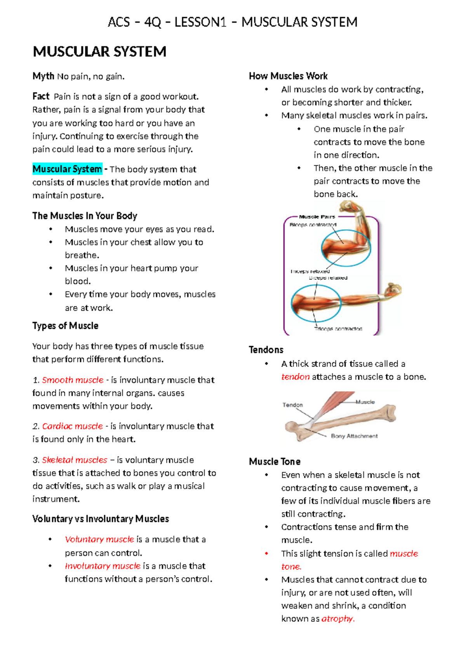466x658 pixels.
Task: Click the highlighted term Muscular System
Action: [67, 169]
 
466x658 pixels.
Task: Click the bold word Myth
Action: [43, 76]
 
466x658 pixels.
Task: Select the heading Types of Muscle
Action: [65, 326]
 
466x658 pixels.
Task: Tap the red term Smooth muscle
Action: [73, 380]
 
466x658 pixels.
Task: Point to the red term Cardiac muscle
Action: [73, 426]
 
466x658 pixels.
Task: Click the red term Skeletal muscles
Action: [75, 460]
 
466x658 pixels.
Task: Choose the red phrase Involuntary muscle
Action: [103, 566]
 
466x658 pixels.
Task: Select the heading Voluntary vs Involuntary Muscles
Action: [101, 519]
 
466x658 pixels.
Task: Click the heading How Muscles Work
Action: [288, 76]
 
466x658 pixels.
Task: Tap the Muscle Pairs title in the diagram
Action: [317, 217]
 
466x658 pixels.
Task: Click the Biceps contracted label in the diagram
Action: [313, 225]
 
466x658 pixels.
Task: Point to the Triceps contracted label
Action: [338, 329]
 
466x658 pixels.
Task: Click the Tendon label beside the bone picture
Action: [292, 405]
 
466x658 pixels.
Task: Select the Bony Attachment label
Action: [354, 436]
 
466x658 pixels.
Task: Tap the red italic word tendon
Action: [295, 377]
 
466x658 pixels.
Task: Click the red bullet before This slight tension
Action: [266, 553]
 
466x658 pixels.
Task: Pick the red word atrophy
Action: [338, 619]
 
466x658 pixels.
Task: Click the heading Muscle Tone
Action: [275, 461]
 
